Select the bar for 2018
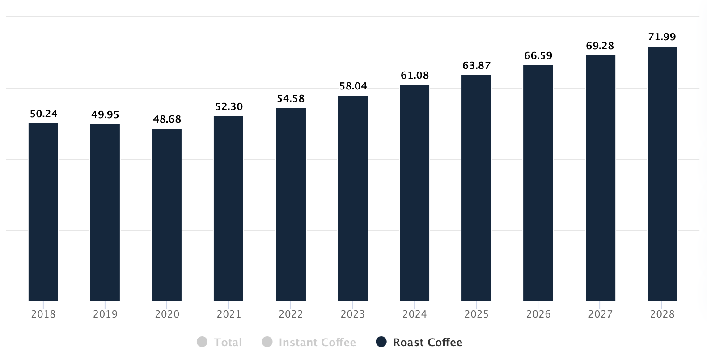(x=43, y=212)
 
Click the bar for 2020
(x=167, y=215)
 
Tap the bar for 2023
(x=353, y=198)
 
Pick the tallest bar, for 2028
(x=662, y=174)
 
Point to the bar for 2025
(x=476, y=188)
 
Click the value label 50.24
(x=43, y=114)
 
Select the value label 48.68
(x=167, y=119)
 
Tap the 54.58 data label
(x=291, y=99)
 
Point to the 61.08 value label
(x=415, y=76)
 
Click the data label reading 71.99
(x=662, y=37)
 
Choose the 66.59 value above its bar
(x=538, y=56)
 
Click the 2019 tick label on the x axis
(x=105, y=314)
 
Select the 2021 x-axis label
(x=229, y=314)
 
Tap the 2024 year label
(x=415, y=314)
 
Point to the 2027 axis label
(x=600, y=314)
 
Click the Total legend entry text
(x=228, y=343)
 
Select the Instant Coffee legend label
(x=317, y=343)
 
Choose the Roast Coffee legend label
(x=428, y=343)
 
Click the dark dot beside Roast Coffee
(x=381, y=342)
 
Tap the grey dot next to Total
(x=202, y=342)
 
